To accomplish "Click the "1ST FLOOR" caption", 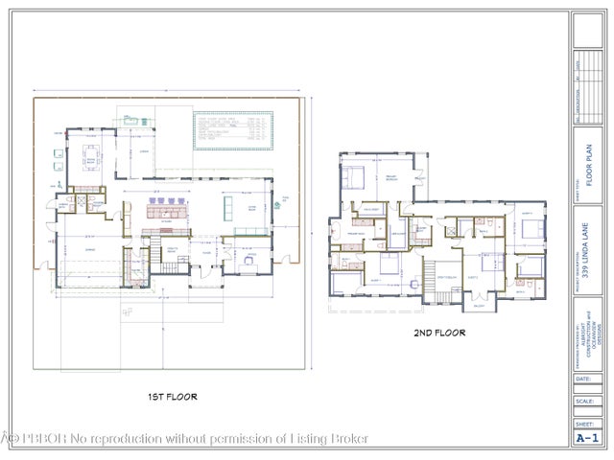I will pyautogui.click(x=172, y=396).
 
